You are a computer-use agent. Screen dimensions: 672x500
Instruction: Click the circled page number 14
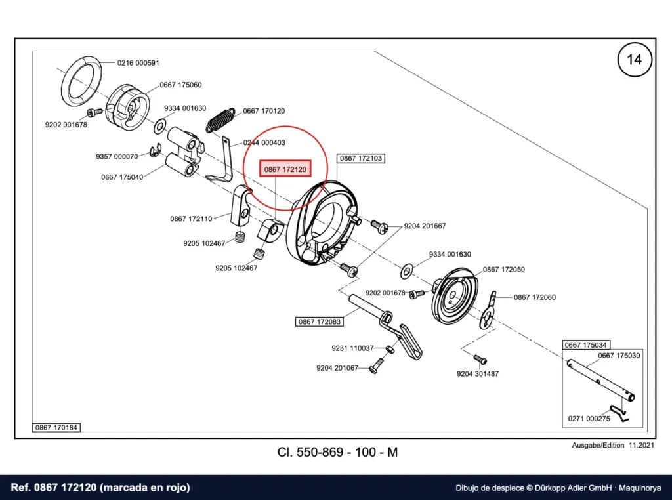click(x=635, y=59)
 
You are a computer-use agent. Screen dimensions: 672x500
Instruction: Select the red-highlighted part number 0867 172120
click(x=285, y=169)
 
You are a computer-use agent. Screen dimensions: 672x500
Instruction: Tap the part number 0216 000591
click(x=138, y=63)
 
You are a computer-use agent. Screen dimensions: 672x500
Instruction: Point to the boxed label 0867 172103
click(x=361, y=159)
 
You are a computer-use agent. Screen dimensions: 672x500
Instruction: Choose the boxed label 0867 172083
click(x=320, y=322)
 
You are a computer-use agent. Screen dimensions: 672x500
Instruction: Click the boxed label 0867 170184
click(x=56, y=428)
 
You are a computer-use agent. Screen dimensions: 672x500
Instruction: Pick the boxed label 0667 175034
click(x=586, y=345)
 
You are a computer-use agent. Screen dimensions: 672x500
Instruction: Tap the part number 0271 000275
click(x=589, y=419)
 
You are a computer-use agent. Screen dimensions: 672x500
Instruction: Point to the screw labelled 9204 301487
click(x=480, y=359)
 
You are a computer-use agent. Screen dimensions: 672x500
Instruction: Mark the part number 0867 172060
click(x=534, y=297)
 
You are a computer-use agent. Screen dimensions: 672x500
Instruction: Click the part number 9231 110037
click(x=352, y=348)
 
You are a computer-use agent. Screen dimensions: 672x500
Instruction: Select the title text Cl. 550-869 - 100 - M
click(x=338, y=452)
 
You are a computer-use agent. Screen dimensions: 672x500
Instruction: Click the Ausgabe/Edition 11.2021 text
click(x=613, y=445)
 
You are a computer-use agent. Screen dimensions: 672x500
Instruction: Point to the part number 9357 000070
click(x=117, y=157)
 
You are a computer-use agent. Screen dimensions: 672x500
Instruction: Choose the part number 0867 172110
click(x=191, y=219)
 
